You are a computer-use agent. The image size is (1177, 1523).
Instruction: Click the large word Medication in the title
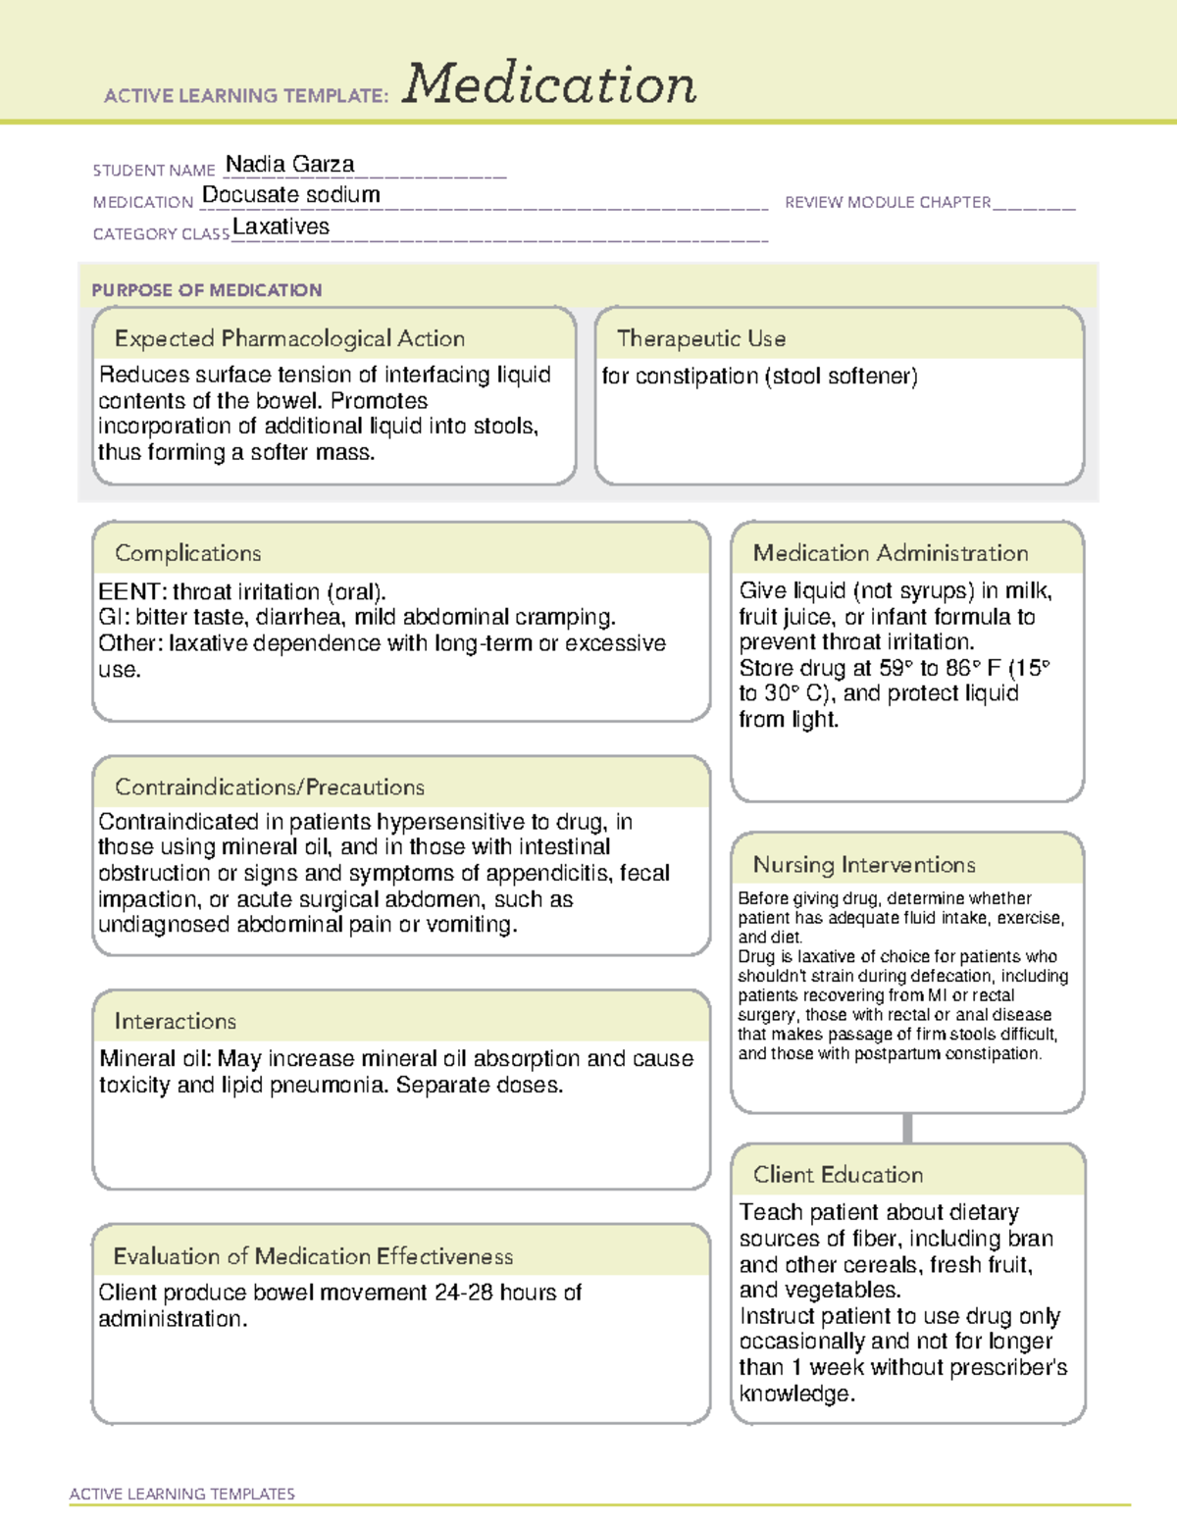pyautogui.click(x=549, y=84)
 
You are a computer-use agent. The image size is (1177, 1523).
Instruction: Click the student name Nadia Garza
pyautogui.click(x=289, y=165)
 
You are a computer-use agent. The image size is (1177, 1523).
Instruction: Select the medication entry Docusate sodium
pyautogui.click(x=290, y=195)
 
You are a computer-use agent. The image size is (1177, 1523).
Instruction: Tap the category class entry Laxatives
pyautogui.click(x=281, y=228)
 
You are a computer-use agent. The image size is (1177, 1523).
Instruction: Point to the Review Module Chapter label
pyautogui.click(x=888, y=203)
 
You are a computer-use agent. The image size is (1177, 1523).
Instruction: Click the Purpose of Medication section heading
pyautogui.click(x=206, y=290)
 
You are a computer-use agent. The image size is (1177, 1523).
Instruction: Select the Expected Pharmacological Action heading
pyautogui.click(x=289, y=338)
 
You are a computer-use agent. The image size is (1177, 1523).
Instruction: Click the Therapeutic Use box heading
pyautogui.click(x=700, y=338)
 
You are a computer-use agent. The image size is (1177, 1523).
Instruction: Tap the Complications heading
pyautogui.click(x=187, y=553)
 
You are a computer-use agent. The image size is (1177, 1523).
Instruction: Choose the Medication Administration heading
pyautogui.click(x=890, y=553)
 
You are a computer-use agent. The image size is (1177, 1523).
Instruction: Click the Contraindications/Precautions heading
pyautogui.click(x=269, y=787)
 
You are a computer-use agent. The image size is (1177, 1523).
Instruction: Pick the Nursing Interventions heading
pyautogui.click(x=863, y=865)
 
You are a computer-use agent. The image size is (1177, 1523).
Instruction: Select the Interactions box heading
pyautogui.click(x=175, y=1021)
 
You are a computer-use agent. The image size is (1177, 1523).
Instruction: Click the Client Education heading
pyautogui.click(x=838, y=1175)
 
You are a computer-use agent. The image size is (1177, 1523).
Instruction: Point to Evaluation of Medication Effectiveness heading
pyautogui.click(x=313, y=1256)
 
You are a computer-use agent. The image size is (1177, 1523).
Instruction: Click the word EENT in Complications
pyautogui.click(x=129, y=592)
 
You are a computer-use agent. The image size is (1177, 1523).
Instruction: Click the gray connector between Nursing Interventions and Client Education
pyautogui.click(x=907, y=1128)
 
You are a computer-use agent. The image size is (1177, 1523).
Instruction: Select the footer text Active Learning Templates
pyautogui.click(x=181, y=1494)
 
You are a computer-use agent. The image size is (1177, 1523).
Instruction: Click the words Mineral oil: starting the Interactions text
pyautogui.click(x=155, y=1059)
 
